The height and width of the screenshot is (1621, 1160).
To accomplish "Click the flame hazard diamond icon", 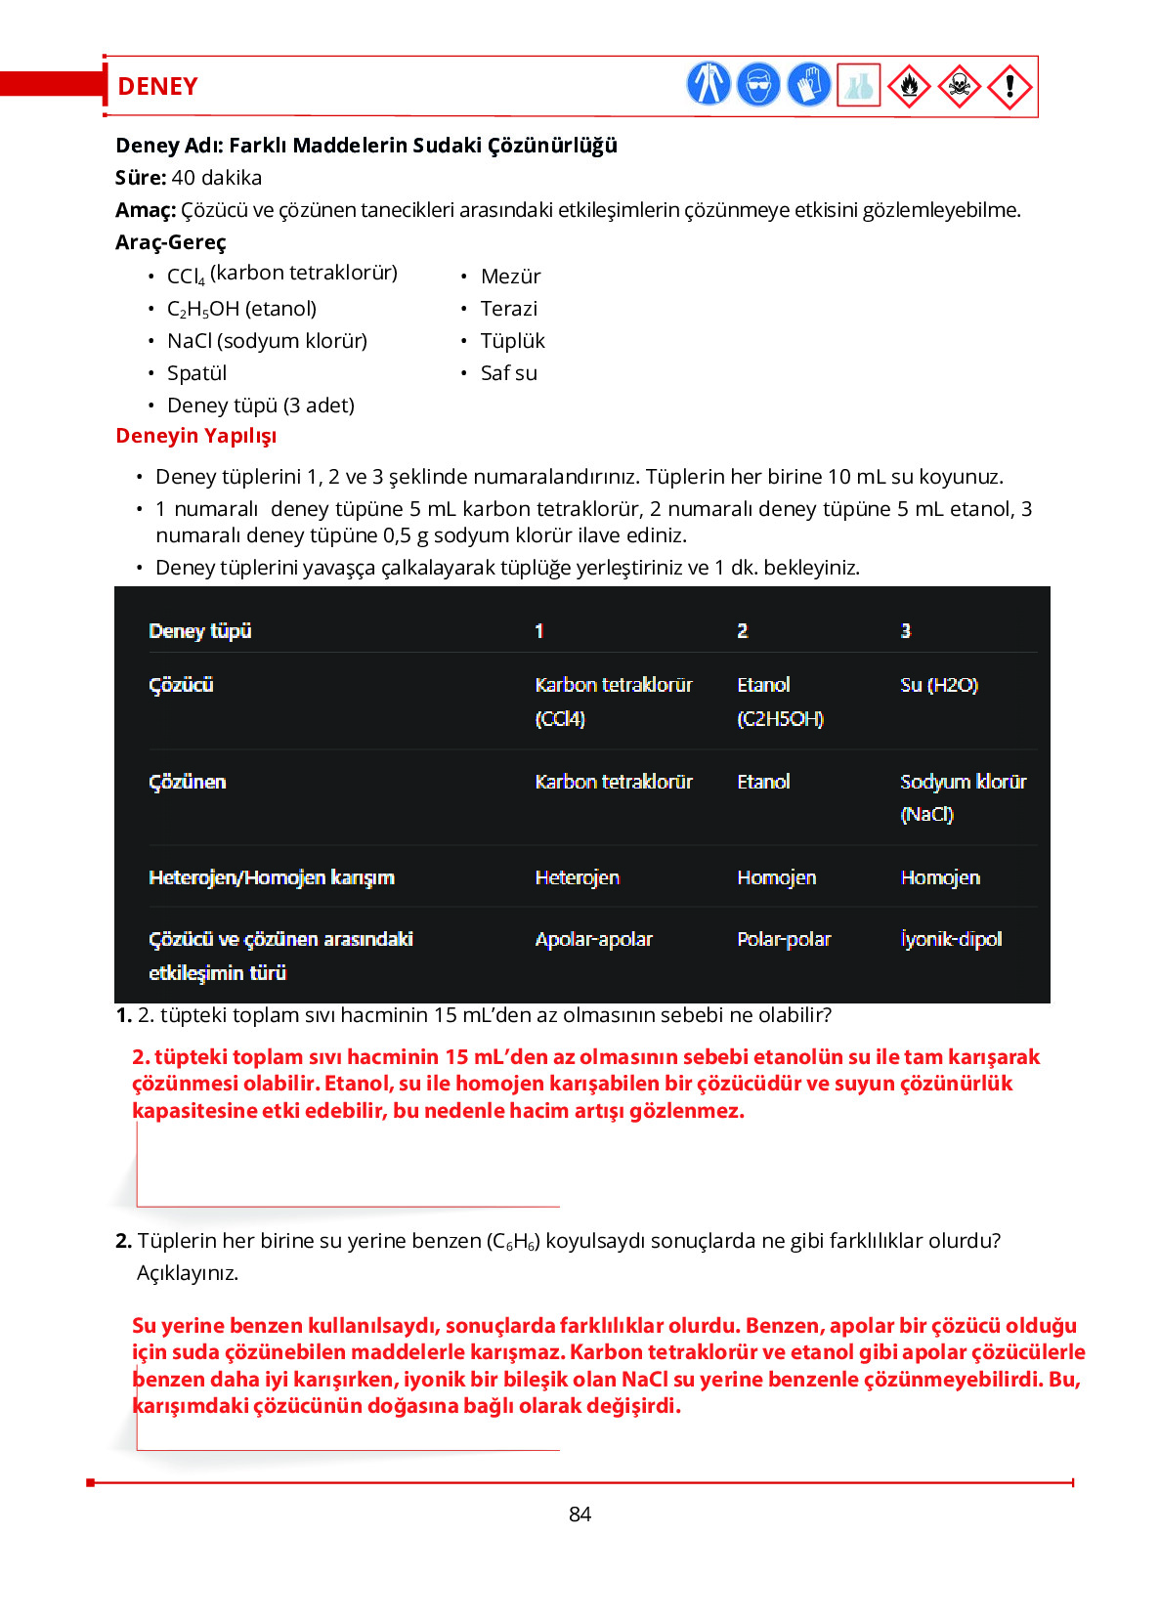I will point(909,86).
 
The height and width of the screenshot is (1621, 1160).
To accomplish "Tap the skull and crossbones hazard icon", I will point(959,86).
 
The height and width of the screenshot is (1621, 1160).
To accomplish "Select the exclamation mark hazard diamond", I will point(1010,86).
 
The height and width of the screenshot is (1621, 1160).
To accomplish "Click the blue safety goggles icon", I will point(758,84).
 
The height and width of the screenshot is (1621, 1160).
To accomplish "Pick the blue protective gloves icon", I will point(808,84).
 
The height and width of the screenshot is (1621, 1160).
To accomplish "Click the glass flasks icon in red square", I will point(859,86).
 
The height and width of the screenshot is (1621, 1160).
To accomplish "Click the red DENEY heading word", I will point(157,87).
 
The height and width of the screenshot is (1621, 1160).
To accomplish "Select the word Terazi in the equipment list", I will point(508,309).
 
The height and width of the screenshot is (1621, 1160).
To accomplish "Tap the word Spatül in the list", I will point(196,373).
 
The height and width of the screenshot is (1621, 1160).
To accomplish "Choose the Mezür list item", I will point(510,277).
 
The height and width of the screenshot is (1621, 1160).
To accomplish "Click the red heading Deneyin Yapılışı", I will point(195,436).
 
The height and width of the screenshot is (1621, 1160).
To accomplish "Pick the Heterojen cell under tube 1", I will point(577,877).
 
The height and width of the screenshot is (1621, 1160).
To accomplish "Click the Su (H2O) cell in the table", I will point(938,685).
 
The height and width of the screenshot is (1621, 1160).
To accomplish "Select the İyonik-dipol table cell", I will point(951,939).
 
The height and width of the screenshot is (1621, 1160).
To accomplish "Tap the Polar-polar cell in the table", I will point(784,939).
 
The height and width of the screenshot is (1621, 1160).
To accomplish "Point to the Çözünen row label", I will point(187,782).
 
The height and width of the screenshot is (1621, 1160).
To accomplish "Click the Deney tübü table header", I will point(199,631).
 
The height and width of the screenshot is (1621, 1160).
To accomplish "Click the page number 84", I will point(580,1514).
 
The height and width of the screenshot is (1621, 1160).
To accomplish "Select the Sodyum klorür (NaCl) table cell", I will point(962,797).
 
